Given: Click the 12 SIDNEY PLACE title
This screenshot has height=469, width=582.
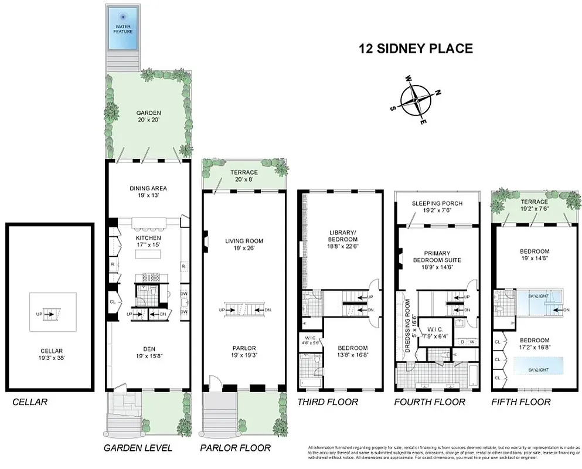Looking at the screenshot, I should pyautogui.click(x=416, y=49).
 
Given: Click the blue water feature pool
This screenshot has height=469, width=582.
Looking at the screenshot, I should pyautogui.click(x=123, y=29).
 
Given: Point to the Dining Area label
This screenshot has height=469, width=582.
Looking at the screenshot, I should pyautogui.click(x=148, y=192).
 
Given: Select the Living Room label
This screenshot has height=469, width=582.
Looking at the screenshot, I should pyautogui.click(x=244, y=244).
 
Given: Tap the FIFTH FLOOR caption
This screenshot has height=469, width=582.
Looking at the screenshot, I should pyautogui.click(x=521, y=402).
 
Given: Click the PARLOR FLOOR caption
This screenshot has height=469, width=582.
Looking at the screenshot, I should pyautogui.click(x=235, y=448).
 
